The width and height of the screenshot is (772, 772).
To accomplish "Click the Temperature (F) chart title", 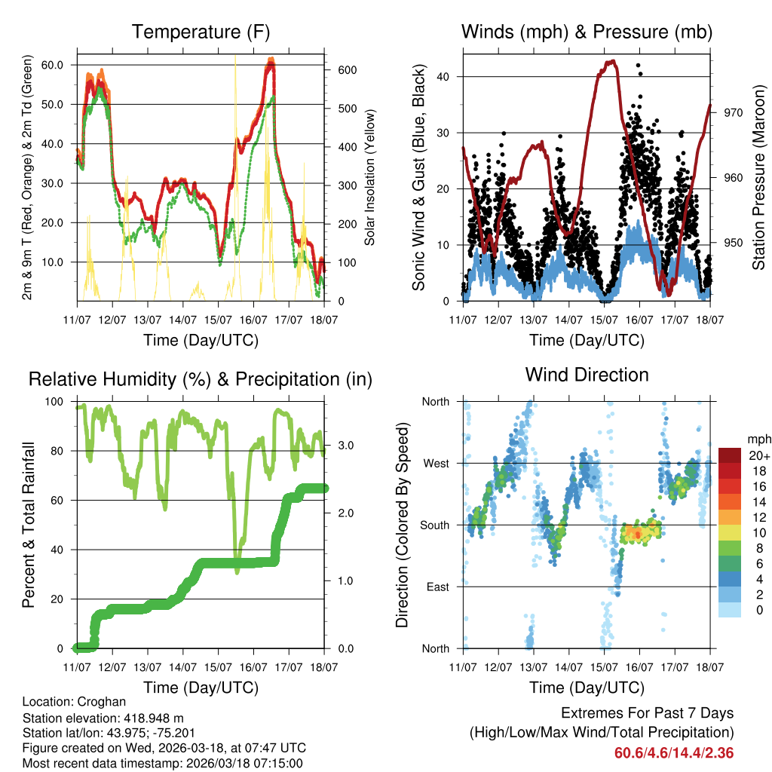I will pos(201,32).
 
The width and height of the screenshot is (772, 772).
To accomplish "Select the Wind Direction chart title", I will pos(587,375).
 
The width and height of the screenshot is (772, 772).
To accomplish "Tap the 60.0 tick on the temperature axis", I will pos(53,65).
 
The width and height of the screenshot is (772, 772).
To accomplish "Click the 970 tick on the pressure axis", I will pos(734,112).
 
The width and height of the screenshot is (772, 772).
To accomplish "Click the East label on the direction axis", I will pos(437,587).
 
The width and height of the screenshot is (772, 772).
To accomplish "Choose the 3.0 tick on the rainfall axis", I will pos(344,445).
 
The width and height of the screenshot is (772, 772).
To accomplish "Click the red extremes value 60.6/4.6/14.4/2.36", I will pos(674,753).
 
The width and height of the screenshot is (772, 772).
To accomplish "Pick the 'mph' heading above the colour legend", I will pos(758,439).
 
